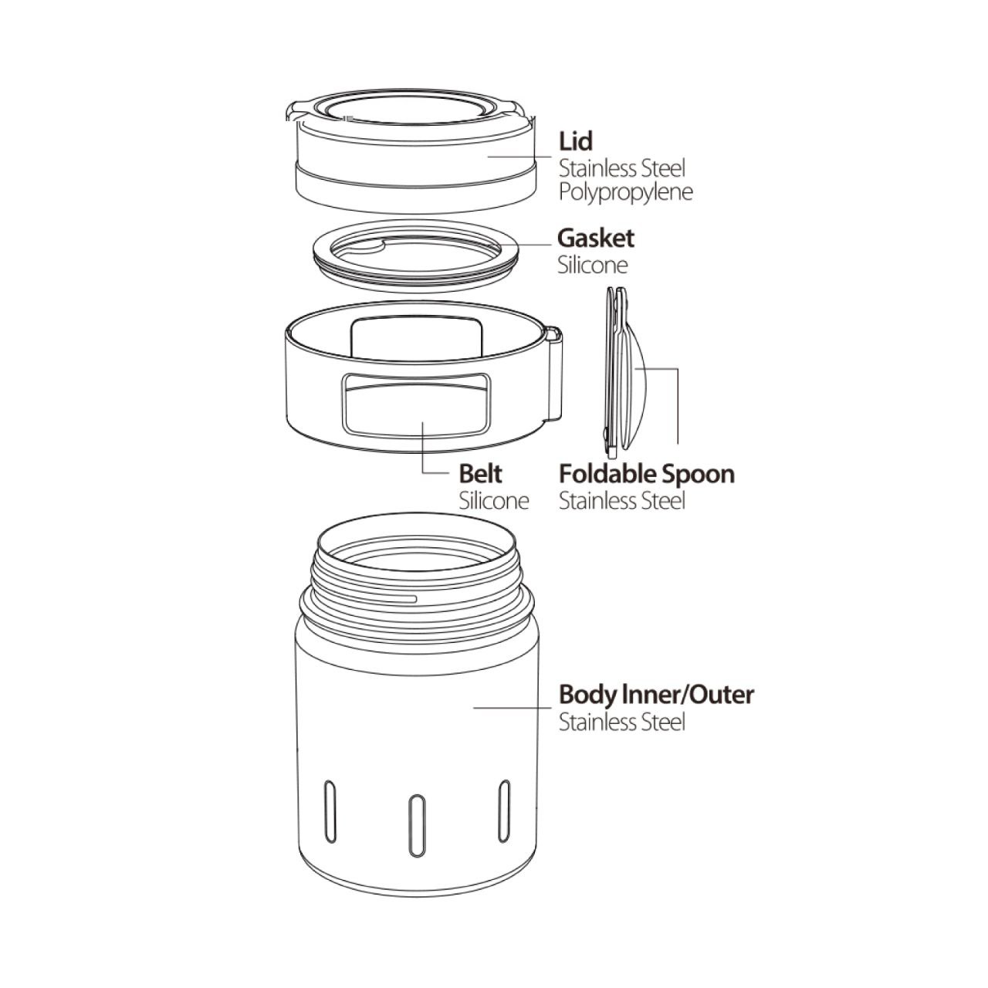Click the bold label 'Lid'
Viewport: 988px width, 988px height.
coord(576,141)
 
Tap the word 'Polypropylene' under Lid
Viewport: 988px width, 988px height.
coord(625,192)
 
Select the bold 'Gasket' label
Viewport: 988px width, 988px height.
coord(596,239)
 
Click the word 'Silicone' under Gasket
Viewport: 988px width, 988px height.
coord(593,265)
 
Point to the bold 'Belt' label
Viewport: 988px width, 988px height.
coord(480,474)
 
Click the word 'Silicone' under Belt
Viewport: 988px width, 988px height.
coord(494,500)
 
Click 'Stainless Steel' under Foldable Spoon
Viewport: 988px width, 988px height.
coord(622,501)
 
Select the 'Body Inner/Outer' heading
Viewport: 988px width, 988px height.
coord(656,695)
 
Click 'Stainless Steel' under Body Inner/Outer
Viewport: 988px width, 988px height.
coord(622,722)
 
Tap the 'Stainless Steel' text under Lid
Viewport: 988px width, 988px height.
coord(622,168)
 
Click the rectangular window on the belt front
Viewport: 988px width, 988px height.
coord(416,406)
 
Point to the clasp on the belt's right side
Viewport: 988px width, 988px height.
coord(553,374)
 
